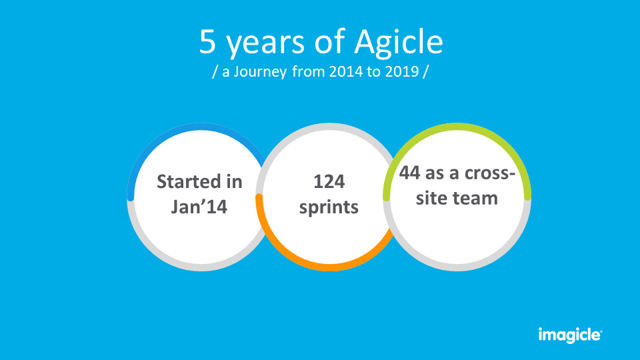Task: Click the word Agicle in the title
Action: point(398,43)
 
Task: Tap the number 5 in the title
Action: point(207,42)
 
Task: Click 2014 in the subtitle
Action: point(347,72)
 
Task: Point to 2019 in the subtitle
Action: point(401,72)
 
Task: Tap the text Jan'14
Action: point(199,207)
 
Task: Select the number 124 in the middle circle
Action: point(329,181)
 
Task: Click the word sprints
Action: point(329,207)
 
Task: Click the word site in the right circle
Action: point(427,198)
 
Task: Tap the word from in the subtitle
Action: point(308,72)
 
